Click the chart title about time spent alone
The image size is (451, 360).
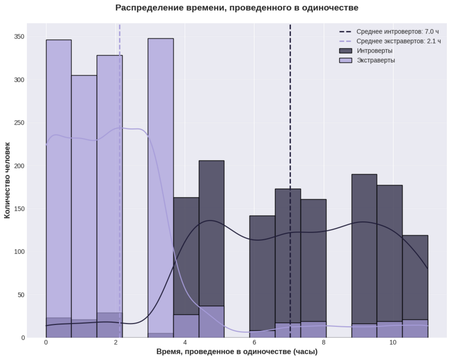point(237,8)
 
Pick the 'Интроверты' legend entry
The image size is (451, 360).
point(374,51)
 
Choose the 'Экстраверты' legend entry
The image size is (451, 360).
point(376,60)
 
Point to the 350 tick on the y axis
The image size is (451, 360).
point(20,37)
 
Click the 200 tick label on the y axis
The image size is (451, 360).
point(20,166)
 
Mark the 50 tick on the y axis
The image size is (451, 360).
point(22,295)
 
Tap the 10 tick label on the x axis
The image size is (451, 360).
point(393,342)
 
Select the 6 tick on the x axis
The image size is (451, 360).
point(254,342)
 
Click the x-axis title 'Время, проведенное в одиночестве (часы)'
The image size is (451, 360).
point(237,351)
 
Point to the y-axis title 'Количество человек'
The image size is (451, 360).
point(7,180)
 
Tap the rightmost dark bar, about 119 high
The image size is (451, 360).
point(415,275)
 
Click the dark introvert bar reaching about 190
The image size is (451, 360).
point(364,240)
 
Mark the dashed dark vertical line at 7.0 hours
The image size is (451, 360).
point(290,125)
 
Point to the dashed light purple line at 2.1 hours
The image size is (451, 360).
point(119,100)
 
